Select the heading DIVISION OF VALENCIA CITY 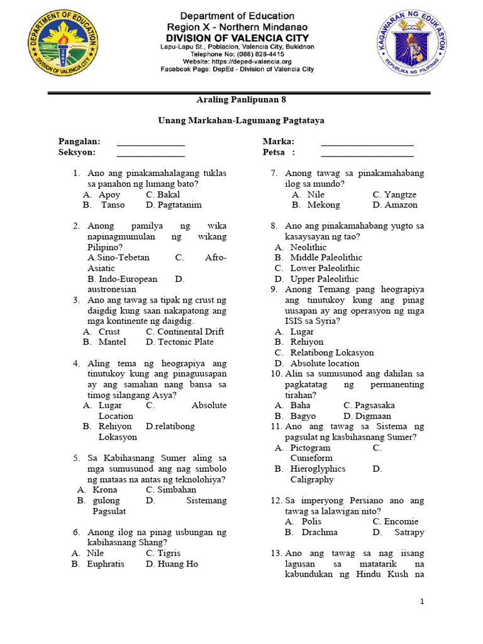tap(237, 37)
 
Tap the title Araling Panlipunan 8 tap(237, 99)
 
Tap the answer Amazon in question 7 tap(400, 205)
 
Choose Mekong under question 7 tap(323, 205)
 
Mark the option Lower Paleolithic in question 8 tap(325, 268)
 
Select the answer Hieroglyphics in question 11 tap(318, 469)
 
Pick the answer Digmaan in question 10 tap(372, 416)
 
